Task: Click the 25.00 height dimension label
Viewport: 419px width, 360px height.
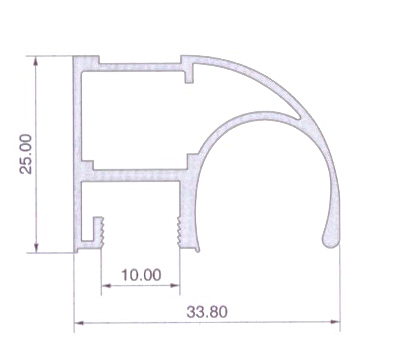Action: click(26, 154)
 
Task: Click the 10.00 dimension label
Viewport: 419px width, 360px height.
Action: click(141, 275)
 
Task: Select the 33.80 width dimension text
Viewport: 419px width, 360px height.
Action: click(207, 312)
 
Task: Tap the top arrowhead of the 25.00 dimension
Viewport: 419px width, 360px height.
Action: click(36, 61)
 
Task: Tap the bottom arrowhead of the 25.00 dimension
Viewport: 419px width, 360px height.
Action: click(36, 248)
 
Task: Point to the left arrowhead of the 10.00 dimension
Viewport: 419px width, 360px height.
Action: click(106, 286)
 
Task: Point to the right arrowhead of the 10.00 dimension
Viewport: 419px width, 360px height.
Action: click(175, 285)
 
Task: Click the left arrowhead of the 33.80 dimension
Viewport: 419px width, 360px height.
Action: click(79, 322)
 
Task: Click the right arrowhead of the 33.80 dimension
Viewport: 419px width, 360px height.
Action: click(335, 322)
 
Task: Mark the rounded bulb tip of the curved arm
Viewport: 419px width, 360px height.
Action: click(331, 238)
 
